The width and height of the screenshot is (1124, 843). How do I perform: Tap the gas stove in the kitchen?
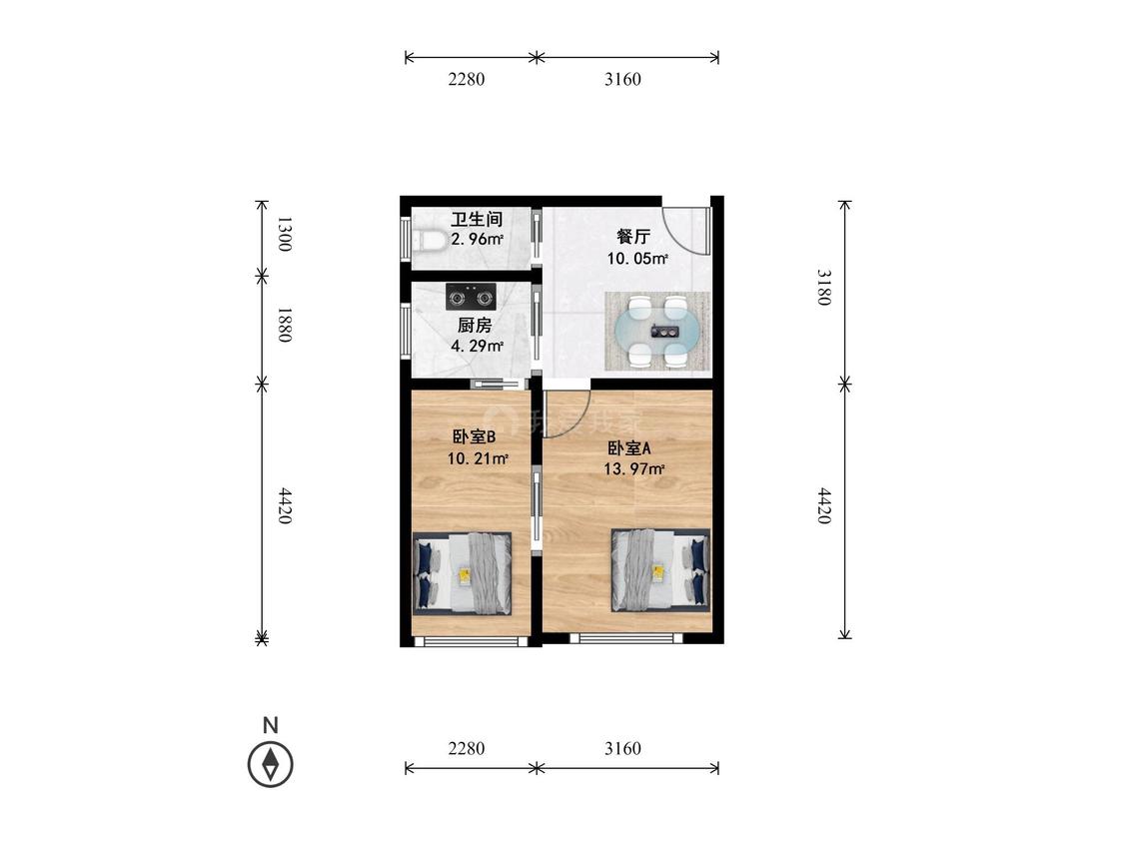(x=471, y=297)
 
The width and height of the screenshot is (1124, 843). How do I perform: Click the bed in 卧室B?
(x=463, y=573)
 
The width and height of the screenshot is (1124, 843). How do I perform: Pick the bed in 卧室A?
(x=660, y=570)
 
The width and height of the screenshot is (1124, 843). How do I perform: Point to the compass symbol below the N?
(x=270, y=764)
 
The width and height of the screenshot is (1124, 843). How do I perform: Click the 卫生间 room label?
(x=477, y=220)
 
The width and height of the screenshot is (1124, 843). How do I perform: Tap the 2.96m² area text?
(x=477, y=240)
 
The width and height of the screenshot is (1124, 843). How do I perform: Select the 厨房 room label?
(x=475, y=326)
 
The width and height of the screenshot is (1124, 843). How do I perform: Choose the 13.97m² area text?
(x=634, y=469)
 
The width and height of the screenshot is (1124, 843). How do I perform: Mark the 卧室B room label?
(x=475, y=436)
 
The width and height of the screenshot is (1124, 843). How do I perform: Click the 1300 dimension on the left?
(x=285, y=234)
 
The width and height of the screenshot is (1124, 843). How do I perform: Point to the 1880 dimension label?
(x=285, y=325)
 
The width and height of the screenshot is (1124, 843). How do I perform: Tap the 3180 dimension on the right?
(x=825, y=288)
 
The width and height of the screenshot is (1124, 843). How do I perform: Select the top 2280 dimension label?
(x=467, y=80)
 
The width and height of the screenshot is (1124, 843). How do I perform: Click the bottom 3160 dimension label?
(x=622, y=749)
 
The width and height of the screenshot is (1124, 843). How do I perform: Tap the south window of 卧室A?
(x=627, y=638)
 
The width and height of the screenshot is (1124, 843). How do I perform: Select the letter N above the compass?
(x=270, y=725)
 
